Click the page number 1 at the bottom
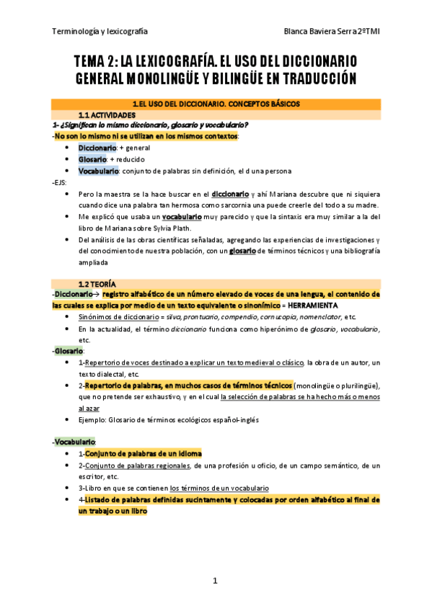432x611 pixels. pyautogui.click(x=215, y=580)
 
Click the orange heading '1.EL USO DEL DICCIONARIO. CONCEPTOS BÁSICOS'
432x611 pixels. pyautogui.click(x=216, y=104)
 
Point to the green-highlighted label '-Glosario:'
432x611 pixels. pyautogui.click(x=69, y=351)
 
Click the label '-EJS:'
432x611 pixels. pyautogui.click(x=61, y=182)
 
